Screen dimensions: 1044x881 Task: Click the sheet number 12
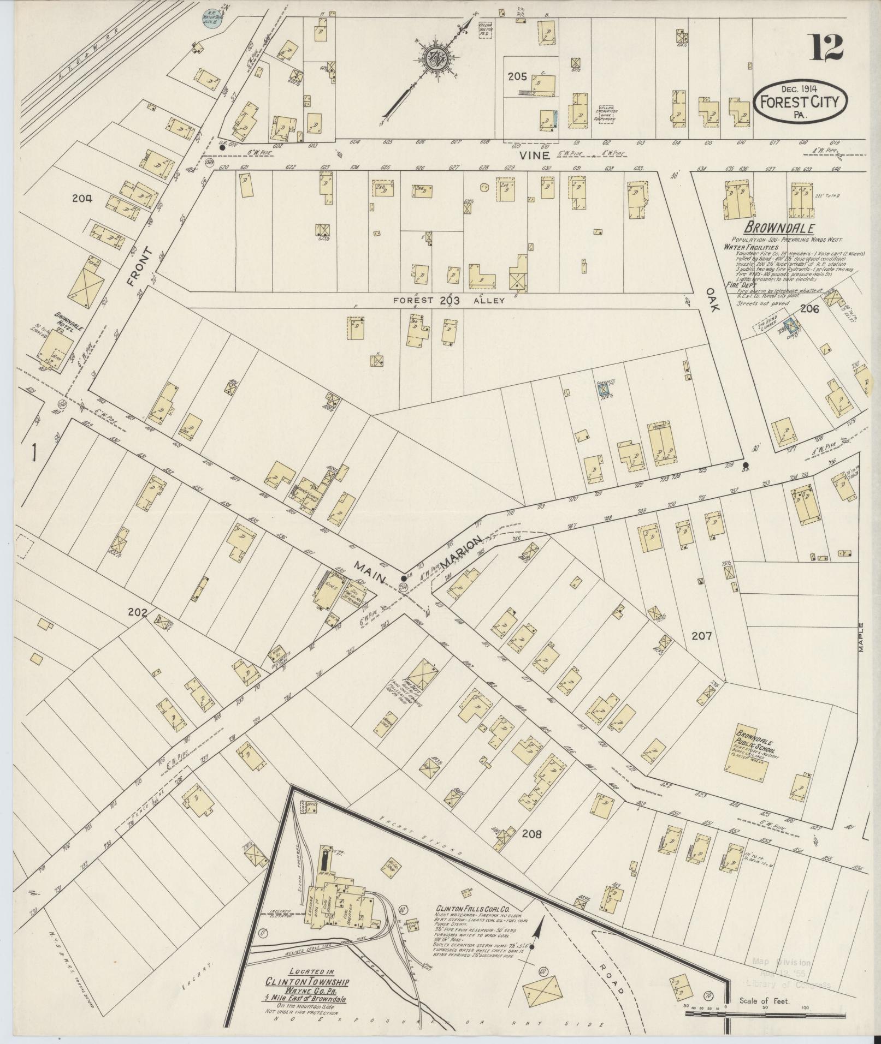click(826, 47)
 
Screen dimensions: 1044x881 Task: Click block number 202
click(137, 612)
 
